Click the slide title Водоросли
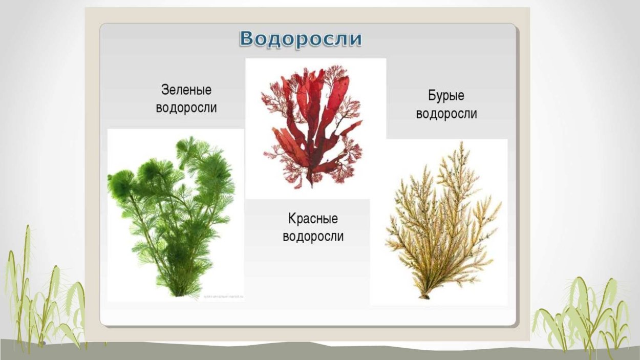[301, 39]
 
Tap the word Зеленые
[186, 90]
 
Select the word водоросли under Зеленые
[186, 108]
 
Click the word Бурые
[446, 96]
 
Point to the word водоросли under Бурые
[446, 114]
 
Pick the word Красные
[313, 219]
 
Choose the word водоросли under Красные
[313, 237]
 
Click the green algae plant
[172, 215]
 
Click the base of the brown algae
[424, 295]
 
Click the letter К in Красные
[292, 219]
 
